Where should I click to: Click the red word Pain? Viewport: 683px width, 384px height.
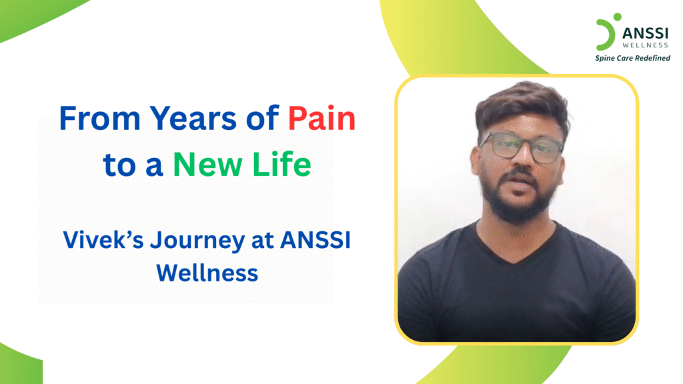[x=322, y=119]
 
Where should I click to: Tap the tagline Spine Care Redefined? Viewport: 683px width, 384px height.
[x=632, y=58]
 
